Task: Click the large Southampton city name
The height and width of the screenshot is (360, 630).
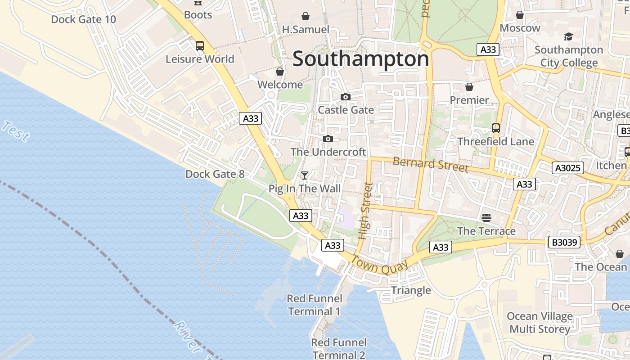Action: pos(360,59)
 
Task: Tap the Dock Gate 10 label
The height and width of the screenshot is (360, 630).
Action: pos(83,19)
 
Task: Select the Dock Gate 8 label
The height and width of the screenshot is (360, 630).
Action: pos(215,174)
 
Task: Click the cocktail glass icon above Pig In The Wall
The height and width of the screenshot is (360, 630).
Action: pos(305,175)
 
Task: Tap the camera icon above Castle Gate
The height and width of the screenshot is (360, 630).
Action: pos(345,97)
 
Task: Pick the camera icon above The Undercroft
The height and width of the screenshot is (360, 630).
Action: pos(328,139)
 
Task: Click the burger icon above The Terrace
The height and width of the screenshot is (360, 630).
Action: pos(486,218)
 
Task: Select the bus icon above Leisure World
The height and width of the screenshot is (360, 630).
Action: pos(199,45)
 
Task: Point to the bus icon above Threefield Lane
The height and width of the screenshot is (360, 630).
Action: pos(496,128)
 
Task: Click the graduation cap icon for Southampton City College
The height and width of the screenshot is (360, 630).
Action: pos(568,36)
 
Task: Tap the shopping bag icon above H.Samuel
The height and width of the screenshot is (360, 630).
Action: pos(306,16)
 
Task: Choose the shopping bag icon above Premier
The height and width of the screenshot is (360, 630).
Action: pos(469,86)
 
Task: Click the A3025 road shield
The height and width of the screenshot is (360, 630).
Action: pos(567,168)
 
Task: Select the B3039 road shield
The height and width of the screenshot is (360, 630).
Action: pos(564,242)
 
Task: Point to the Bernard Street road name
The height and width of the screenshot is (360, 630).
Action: pos(430,164)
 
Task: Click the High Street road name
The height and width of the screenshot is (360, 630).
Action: pos(365,210)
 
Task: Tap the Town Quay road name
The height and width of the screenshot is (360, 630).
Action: pos(379,265)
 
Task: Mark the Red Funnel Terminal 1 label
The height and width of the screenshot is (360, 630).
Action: pos(315,305)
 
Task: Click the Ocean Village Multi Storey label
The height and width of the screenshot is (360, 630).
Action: pos(540,323)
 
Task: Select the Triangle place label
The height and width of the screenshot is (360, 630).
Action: pos(411,290)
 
